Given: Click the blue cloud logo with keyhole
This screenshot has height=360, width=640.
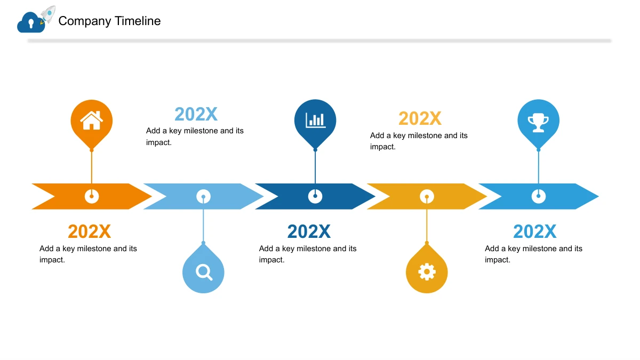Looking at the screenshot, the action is [x=31, y=22].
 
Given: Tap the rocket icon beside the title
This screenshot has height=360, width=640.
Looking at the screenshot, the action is [x=48, y=14].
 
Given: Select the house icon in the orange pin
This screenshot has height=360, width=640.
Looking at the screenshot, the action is [x=91, y=121].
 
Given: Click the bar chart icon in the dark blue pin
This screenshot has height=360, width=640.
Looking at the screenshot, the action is [x=315, y=120].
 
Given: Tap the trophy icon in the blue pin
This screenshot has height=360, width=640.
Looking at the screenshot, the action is [x=538, y=123].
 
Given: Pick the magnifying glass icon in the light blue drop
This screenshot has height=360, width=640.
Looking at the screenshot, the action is [x=204, y=273].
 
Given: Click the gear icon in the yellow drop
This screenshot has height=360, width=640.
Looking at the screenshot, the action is [x=427, y=271].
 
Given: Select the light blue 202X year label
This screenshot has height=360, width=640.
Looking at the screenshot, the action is [x=196, y=114].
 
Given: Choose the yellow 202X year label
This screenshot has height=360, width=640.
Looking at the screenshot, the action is [x=420, y=118].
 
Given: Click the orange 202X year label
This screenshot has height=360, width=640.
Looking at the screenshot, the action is [x=89, y=231].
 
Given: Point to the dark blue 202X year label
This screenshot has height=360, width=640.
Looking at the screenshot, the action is [x=309, y=231].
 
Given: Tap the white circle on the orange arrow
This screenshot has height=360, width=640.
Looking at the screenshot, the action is [x=92, y=196].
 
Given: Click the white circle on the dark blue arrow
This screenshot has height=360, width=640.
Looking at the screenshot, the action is [x=315, y=196].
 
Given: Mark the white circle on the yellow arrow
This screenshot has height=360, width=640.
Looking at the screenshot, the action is [x=427, y=196].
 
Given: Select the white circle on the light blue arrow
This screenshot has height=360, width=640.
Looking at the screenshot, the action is [x=203, y=196].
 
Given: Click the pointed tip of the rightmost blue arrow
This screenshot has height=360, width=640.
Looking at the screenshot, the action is [x=598, y=196].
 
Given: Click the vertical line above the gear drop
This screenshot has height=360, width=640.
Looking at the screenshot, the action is [x=427, y=220].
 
